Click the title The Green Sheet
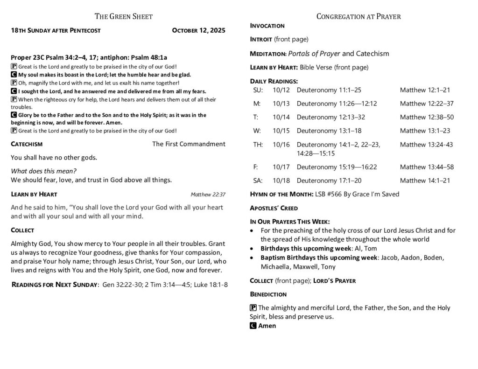(124, 17)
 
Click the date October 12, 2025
(198, 31)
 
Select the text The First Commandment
(189, 144)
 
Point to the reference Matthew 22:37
(208, 195)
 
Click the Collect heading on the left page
(22, 230)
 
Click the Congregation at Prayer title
(358, 17)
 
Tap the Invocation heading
(267, 26)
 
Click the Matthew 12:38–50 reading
(427, 118)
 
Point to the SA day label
(258, 181)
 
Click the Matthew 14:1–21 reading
(425, 181)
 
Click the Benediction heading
(268, 294)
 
